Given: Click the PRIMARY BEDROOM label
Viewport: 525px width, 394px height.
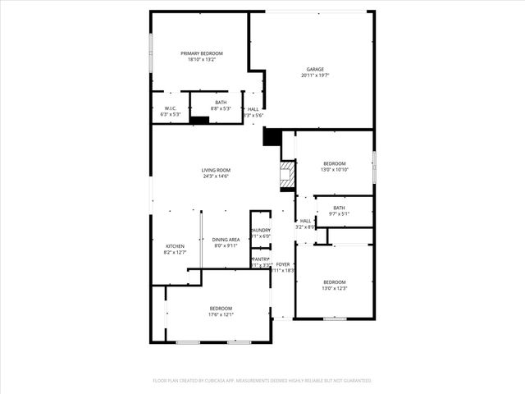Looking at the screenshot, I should click(202, 53).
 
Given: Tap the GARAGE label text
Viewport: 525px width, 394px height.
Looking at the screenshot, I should click(315, 69).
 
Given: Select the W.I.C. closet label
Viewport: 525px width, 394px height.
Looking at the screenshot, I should click(170, 108).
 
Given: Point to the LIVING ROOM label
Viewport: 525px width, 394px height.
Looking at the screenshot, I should click(216, 170).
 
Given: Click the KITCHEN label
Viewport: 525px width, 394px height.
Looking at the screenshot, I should click(176, 246).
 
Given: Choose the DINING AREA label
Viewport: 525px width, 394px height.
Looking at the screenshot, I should click(226, 240).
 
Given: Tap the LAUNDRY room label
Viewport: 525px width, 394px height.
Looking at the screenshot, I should click(261, 230).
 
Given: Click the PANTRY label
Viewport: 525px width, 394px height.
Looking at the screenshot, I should click(261, 259).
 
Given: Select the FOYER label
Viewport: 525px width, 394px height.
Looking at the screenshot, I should click(282, 264).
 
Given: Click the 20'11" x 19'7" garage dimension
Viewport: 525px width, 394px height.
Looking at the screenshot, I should click(315, 76).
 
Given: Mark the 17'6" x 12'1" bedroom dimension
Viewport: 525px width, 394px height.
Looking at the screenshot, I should click(221, 314).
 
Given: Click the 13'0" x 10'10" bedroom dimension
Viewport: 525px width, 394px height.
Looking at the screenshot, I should click(335, 170).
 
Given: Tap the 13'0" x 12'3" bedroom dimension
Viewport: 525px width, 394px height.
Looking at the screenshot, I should click(335, 288).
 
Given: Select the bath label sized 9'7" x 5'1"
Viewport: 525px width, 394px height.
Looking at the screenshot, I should click(339, 208).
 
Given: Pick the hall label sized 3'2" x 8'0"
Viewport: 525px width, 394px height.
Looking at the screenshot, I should click(305, 221).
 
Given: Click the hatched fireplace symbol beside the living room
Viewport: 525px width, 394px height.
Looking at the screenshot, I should click(287, 175).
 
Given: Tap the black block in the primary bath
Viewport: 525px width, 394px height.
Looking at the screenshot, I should click(199, 120).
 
